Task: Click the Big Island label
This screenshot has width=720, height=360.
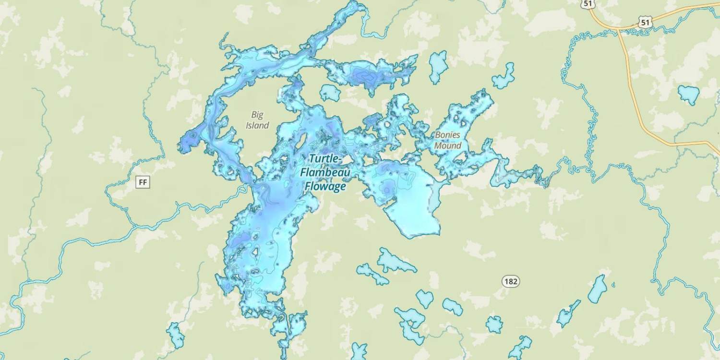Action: (x=257, y=120)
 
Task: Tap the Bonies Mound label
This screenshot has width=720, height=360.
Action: (x=447, y=140)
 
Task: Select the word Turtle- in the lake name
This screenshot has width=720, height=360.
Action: (x=325, y=158)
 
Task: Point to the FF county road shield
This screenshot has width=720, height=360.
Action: (x=143, y=182)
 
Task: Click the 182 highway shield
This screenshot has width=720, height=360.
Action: (x=511, y=281)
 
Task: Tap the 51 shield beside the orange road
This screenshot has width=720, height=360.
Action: (x=645, y=22)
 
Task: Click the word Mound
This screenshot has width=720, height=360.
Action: (x=448, y=145)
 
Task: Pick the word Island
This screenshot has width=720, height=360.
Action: (x=257, y=126)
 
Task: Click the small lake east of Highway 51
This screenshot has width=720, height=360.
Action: (x=689, y=94)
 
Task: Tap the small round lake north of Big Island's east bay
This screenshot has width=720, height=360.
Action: (x=330, y=93)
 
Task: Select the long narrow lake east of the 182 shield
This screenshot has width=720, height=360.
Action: (x=598, y=289)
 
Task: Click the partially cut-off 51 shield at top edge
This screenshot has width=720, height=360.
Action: (x=588, y=3)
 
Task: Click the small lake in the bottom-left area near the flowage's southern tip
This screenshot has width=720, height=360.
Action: (x=176, y=335)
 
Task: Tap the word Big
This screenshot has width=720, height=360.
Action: (x=257, y=115)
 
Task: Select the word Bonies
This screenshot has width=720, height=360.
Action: (x=447, y=135)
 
